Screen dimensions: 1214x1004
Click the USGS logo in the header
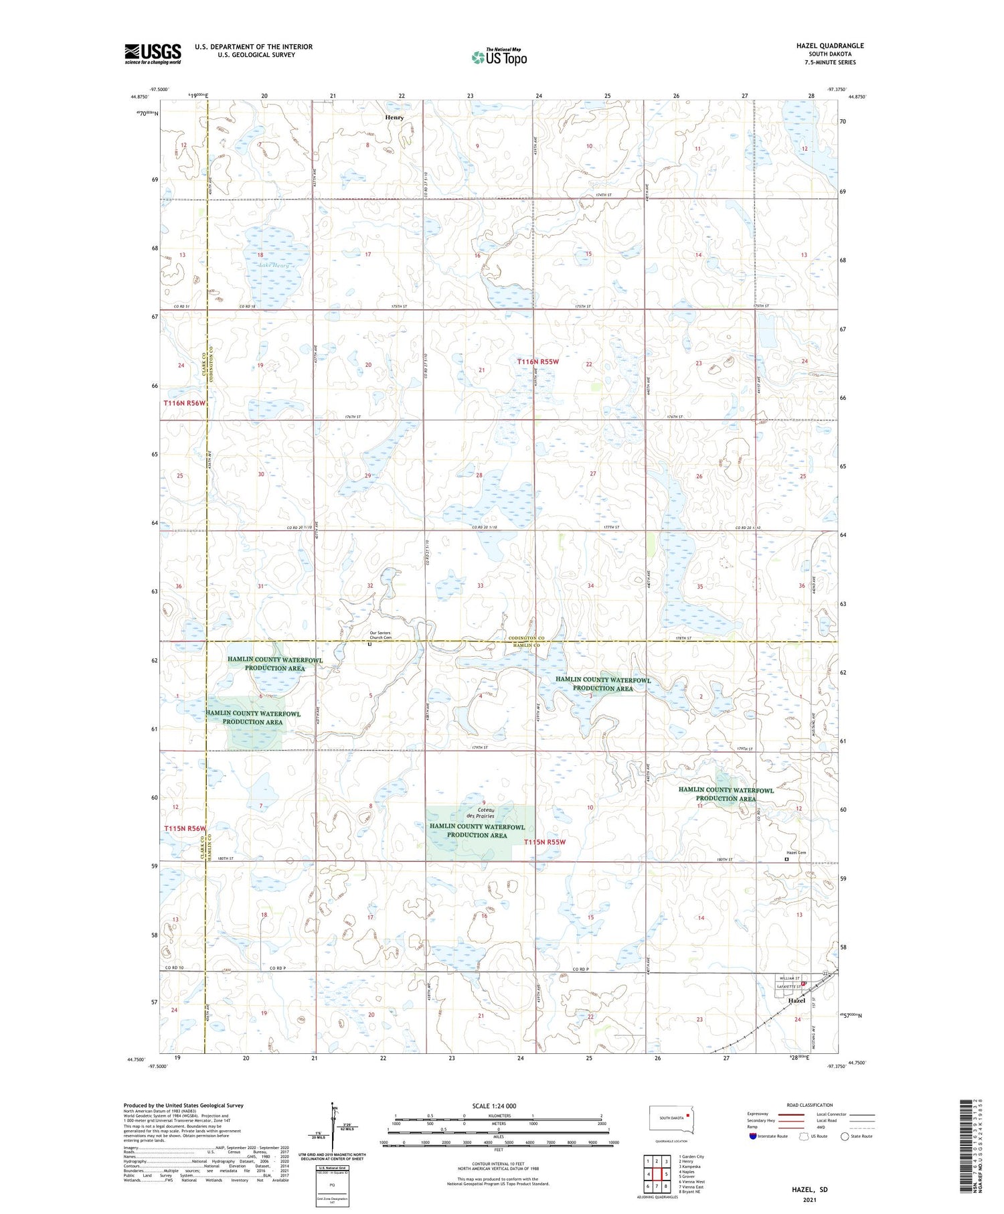tap(153, 54)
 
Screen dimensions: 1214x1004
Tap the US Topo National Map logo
tap(499, 57)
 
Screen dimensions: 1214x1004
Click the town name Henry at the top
tap(394, 117)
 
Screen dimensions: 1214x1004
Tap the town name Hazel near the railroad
tap(796, 1000)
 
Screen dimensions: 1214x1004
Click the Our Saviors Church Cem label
tap(380, 635)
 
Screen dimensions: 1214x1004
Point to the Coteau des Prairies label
tap(481, 812)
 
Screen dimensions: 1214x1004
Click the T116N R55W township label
tap(537, 362)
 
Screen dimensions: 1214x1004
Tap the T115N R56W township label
tap(185, 828)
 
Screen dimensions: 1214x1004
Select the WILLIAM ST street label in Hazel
tap(788, 978)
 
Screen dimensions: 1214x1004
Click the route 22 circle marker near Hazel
tap(825, 973)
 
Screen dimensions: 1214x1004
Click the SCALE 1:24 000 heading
tap(493, 1106)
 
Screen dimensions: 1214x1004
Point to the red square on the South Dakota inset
tap(687, 1116)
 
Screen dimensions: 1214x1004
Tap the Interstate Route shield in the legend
tap(753, 1136)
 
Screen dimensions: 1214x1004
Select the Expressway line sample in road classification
tap(791, 1114)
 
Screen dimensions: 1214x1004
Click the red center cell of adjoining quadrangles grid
tap(657, 1174)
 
